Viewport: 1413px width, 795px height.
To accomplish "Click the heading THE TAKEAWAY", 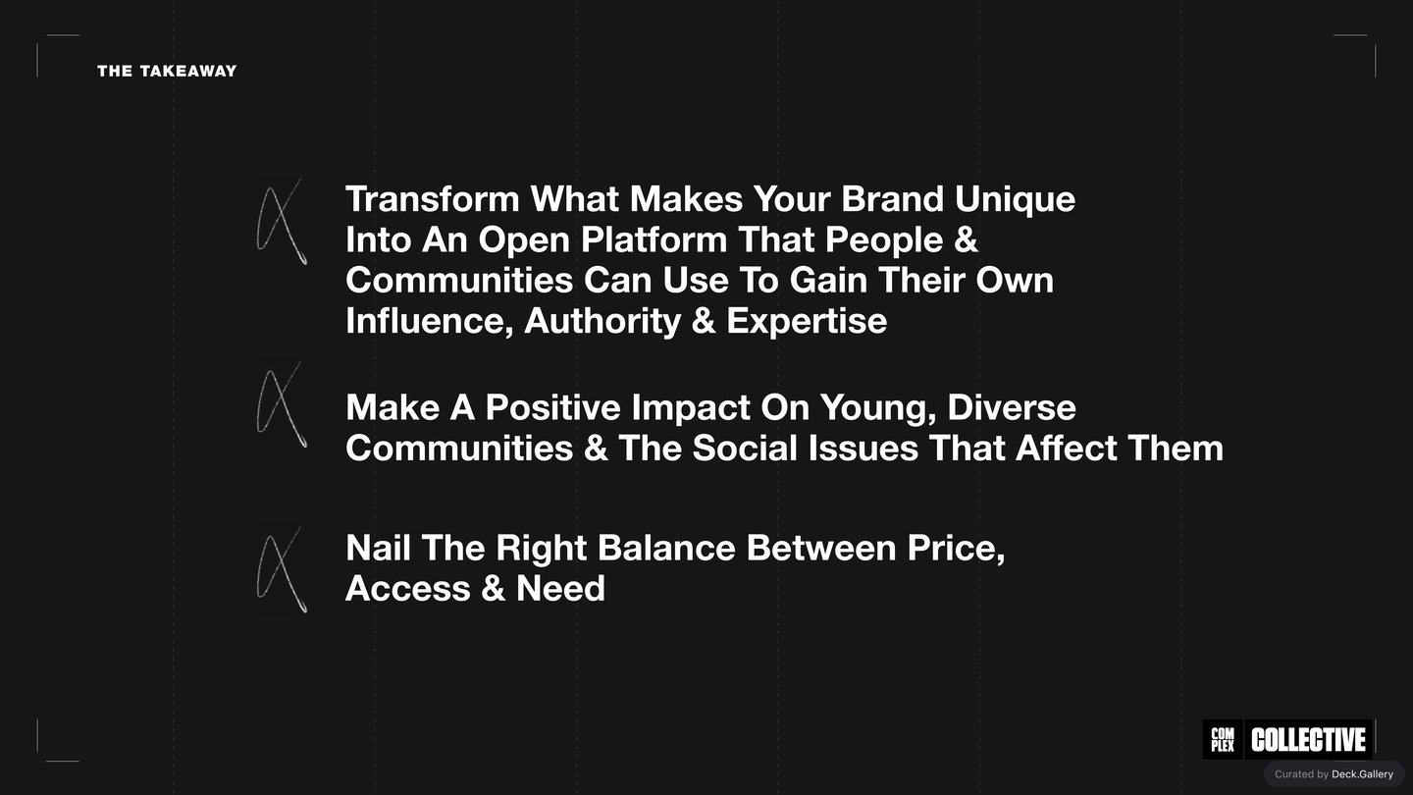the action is (167, 72).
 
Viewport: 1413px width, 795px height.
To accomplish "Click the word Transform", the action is (433, 198).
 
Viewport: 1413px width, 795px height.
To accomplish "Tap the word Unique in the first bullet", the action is (1015, 200).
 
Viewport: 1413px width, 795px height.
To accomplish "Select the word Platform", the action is (654, 239).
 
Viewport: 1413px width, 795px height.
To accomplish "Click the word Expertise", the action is (807, 322).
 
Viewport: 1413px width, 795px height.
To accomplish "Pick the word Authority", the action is (602, 322).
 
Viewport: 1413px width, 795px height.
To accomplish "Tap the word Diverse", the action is (1011, 407).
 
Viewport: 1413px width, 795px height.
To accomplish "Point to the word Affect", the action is (1067, 448).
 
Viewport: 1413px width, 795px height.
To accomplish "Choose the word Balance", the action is (667, 548).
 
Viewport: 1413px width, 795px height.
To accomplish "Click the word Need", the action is (561, 588).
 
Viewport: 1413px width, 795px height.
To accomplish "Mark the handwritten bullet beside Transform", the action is (282, 222).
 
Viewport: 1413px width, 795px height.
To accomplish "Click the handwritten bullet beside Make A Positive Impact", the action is (282, 404).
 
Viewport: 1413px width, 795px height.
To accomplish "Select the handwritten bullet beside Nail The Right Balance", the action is (282, 569).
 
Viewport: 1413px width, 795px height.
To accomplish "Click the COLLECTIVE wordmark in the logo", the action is (1308, 740).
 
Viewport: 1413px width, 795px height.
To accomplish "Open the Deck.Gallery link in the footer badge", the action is (1363, 774).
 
